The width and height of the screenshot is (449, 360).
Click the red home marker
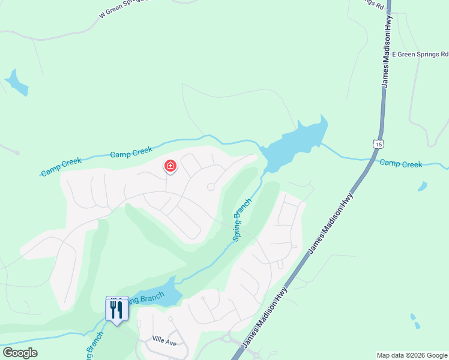(x=170, y=166)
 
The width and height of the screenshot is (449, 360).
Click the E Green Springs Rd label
(x=420, y=54)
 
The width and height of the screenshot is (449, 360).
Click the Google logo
(x=20, y=353)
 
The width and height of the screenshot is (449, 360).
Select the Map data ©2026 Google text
(x=412, y=355)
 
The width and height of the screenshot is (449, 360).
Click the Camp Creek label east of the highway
(x=400, y=164)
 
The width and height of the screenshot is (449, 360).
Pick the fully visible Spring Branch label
(x=242, y=220)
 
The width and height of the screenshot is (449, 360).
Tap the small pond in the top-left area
(x=16, y=83)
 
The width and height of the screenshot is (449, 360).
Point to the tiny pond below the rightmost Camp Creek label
(x=423, y=187)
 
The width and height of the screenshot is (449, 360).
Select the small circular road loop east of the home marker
(x=211, y=187)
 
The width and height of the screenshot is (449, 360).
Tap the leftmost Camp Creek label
(x=61, y=167)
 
